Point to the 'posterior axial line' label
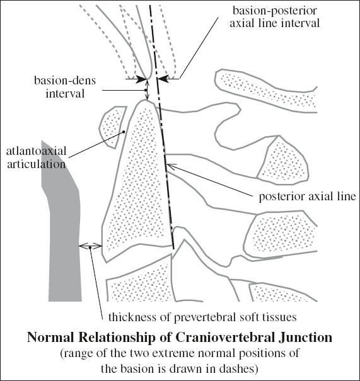(308, 196)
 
